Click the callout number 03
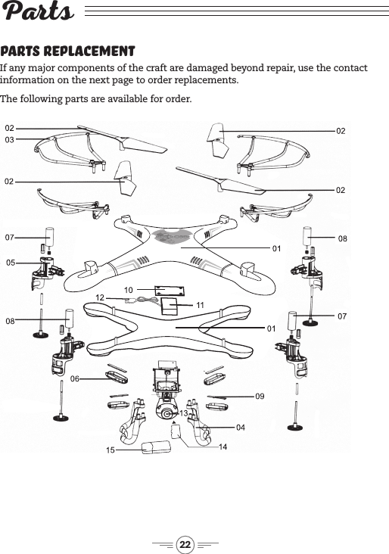[x=10, y=140]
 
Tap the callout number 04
[x=240, y=428]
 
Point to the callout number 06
[x=75, y=377]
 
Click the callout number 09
[x=260, y=396]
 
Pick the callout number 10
[x=129, y=290]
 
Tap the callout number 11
[x=201, y=303]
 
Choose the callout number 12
[x=100, y=298]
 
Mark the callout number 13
[x=183, y=413]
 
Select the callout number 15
[x=110, y=450]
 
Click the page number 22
[x=185, y=544]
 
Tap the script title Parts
[x=38, y=13]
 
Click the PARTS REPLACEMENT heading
[x=67, y=51]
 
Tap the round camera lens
[x=166, y=412]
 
